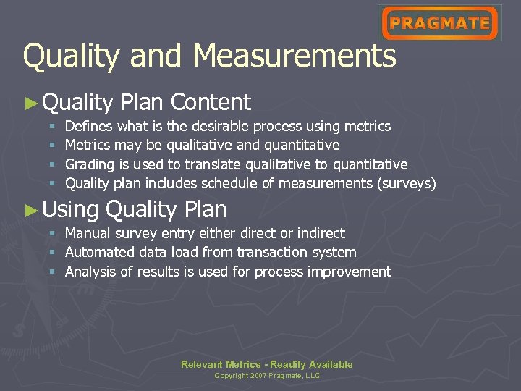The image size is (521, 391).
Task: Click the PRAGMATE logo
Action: click(x=440, y=22)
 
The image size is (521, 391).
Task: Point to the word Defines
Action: click(x=89, y=127)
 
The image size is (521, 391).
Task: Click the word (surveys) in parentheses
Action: click(x=407, y=184)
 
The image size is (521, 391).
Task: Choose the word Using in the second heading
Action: click(x=71, y=210)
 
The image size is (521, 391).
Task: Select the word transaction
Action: click(x=278, y=252)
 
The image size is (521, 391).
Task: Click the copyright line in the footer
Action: click(x=267, y=376)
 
